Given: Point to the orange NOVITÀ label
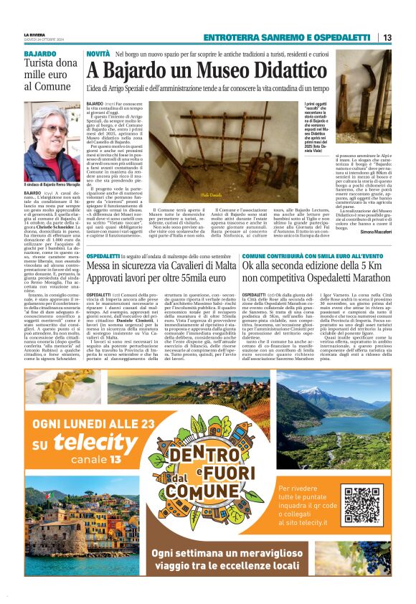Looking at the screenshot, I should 98,55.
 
